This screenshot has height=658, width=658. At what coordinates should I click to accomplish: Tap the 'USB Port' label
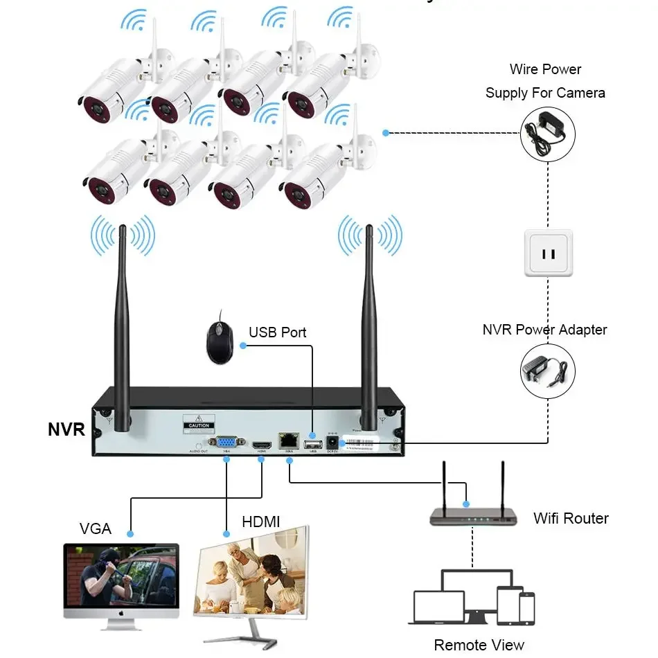click(x=277, y=332)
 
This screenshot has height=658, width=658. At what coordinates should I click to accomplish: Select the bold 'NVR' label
click(x=66, y=429)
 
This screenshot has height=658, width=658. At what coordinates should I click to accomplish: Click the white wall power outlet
click(x=548, y=254)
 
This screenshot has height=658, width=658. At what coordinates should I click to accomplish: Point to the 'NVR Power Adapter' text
click(x=544, y=330)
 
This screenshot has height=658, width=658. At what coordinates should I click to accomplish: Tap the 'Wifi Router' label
click(x=571, y=518)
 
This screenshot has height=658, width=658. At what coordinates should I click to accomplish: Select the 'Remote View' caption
click(x=479, y=645)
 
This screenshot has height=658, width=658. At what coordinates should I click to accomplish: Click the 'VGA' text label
click(x=95, y=528)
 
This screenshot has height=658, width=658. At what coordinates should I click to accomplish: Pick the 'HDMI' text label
click(x=261, y=522)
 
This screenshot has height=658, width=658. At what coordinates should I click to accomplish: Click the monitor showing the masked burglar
click(x=121, y=580)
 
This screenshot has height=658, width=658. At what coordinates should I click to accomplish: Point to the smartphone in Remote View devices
click(x=527, y=607)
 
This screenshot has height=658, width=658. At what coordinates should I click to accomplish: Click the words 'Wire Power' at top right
click(x=545, y=69)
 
